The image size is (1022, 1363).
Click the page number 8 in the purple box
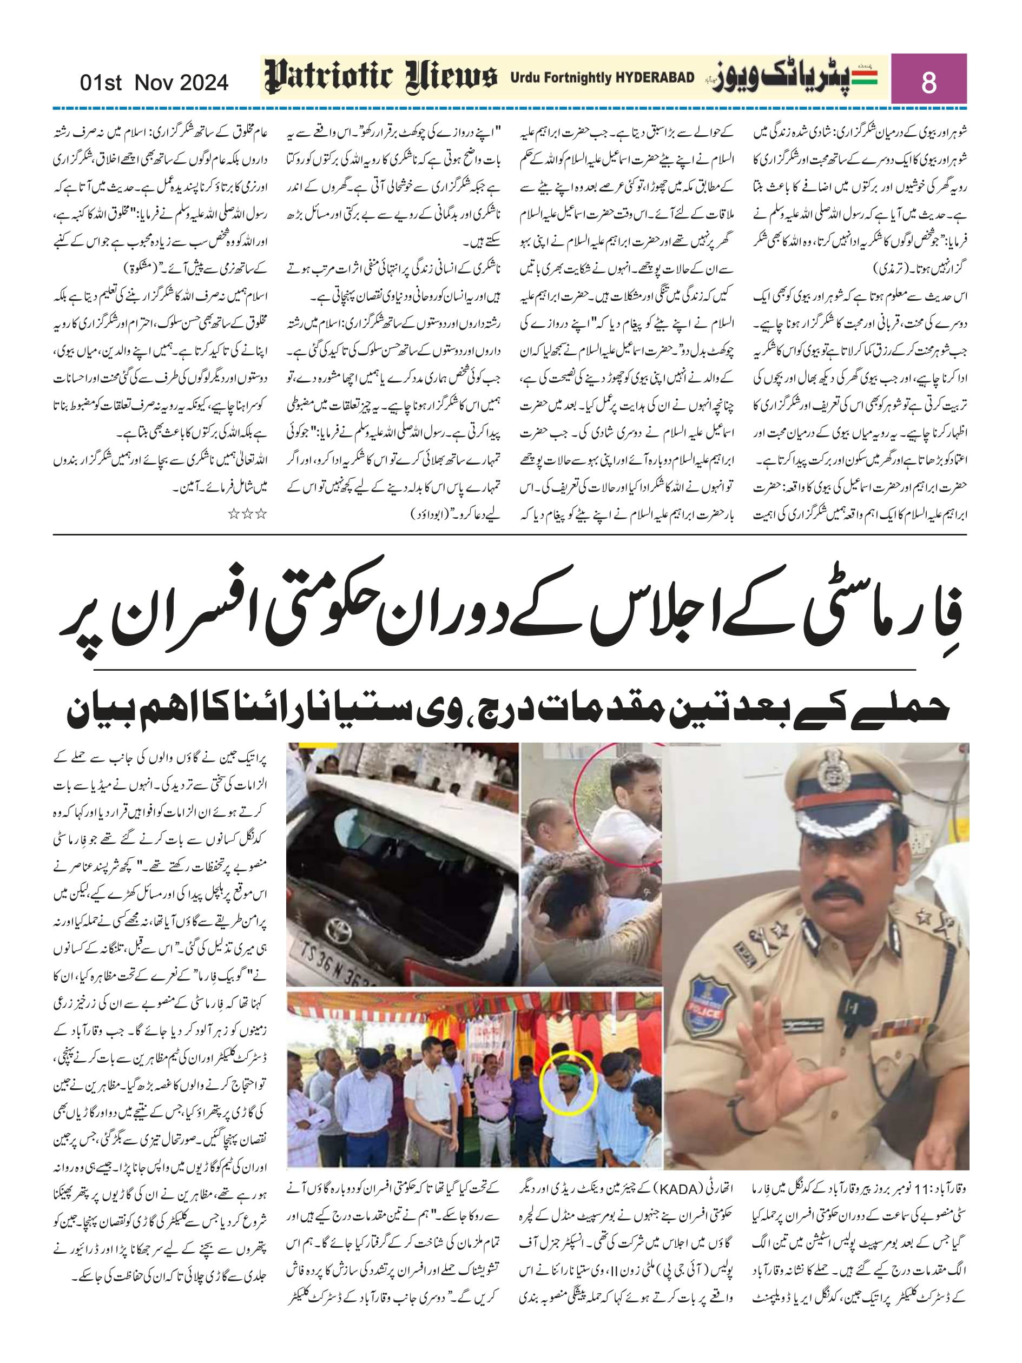[x=928, y=81]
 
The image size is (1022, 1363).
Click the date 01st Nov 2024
[x=154, y=83]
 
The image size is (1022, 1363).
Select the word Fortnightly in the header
[x=568, y=78]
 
